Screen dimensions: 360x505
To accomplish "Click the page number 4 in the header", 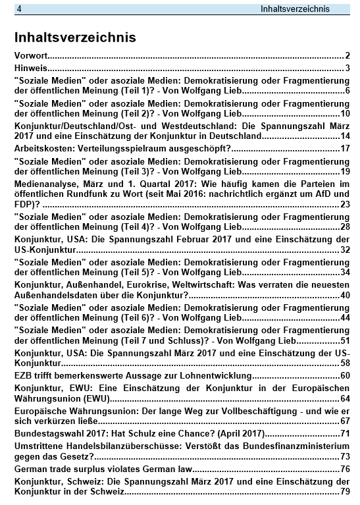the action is coord(20,9).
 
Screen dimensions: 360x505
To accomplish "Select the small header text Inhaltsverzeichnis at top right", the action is coord(295,9).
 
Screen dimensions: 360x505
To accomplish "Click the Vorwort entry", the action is coord(31,55).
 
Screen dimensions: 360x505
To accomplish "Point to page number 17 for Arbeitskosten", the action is coord(345,148).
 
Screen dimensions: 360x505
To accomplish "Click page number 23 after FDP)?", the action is coord(345,204).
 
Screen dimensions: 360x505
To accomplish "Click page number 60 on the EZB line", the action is coord(345,375).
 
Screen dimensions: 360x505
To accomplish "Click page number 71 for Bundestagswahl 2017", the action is coord(345,433).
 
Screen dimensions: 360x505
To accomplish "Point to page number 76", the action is coord(345,469).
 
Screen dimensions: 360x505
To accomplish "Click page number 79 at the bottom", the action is coord(345,491).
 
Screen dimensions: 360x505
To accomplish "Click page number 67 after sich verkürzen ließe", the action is coord(345,421).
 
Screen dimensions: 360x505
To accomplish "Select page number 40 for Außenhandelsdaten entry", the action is coord(345,295).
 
